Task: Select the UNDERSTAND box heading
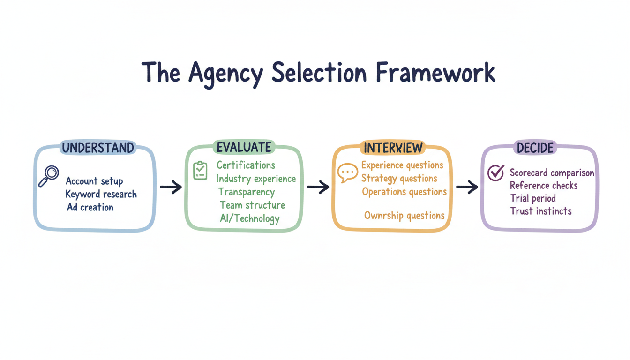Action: point(98,148)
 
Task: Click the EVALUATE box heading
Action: point(244,147)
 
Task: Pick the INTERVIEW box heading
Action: point(393,148)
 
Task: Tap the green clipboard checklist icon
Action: point(200,170)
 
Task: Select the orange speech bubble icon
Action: point(347,173)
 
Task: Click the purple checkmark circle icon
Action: point(495,173)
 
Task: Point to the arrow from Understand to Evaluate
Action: point(171,187)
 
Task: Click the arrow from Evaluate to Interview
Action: point(318,187)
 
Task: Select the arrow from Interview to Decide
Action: point(467,187)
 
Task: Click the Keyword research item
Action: point(101,194)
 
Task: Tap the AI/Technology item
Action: point(250,218)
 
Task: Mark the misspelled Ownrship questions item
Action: point(405,216)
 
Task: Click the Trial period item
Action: point(533,198)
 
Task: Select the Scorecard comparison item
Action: point(552,173)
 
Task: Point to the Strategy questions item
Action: point(399,179)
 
